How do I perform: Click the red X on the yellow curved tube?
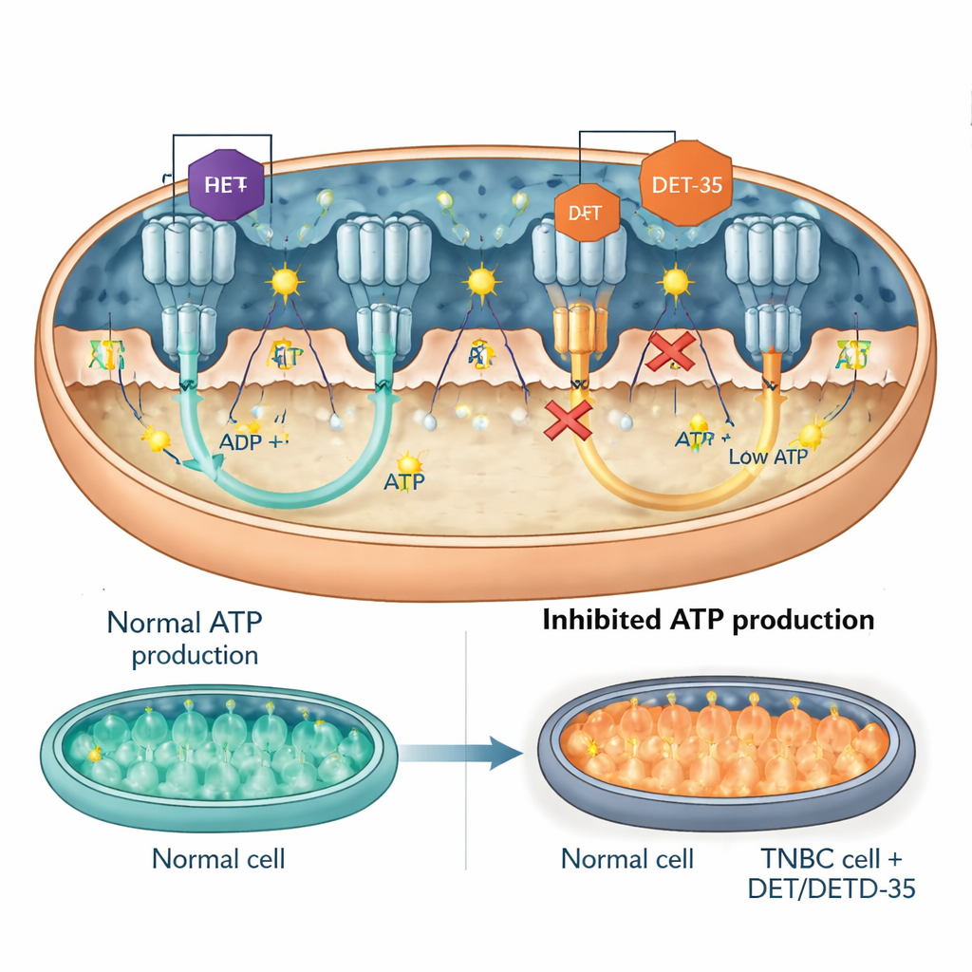568,420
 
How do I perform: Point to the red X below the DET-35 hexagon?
669,352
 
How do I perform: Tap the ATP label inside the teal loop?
404,482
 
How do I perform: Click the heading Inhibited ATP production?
708,620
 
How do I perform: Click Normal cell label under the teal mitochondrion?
218,859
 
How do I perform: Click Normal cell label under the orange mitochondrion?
627,859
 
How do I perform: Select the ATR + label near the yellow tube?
701,439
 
